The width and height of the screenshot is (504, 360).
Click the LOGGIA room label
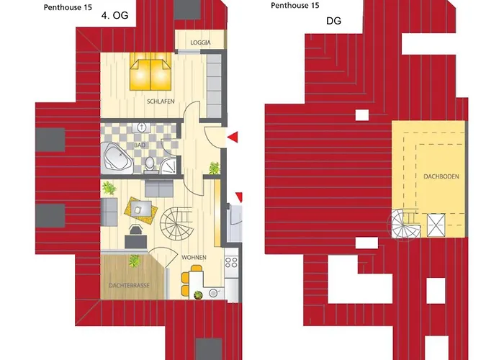[x=200, y=43]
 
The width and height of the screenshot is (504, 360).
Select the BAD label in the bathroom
[x=139, y=144]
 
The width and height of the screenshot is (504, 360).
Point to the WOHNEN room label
[x=194, y=257]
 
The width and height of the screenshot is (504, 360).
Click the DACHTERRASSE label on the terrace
[x=130, y=286]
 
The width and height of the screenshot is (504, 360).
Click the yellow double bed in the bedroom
[x=149, y=74]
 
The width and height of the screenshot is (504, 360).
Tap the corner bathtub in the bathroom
[x=117, y=157]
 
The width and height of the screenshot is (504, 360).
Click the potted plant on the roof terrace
[x=132, y=261]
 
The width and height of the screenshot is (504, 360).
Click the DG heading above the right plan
[x=333, y=22]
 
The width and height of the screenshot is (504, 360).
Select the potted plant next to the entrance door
[x=214, y=168]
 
